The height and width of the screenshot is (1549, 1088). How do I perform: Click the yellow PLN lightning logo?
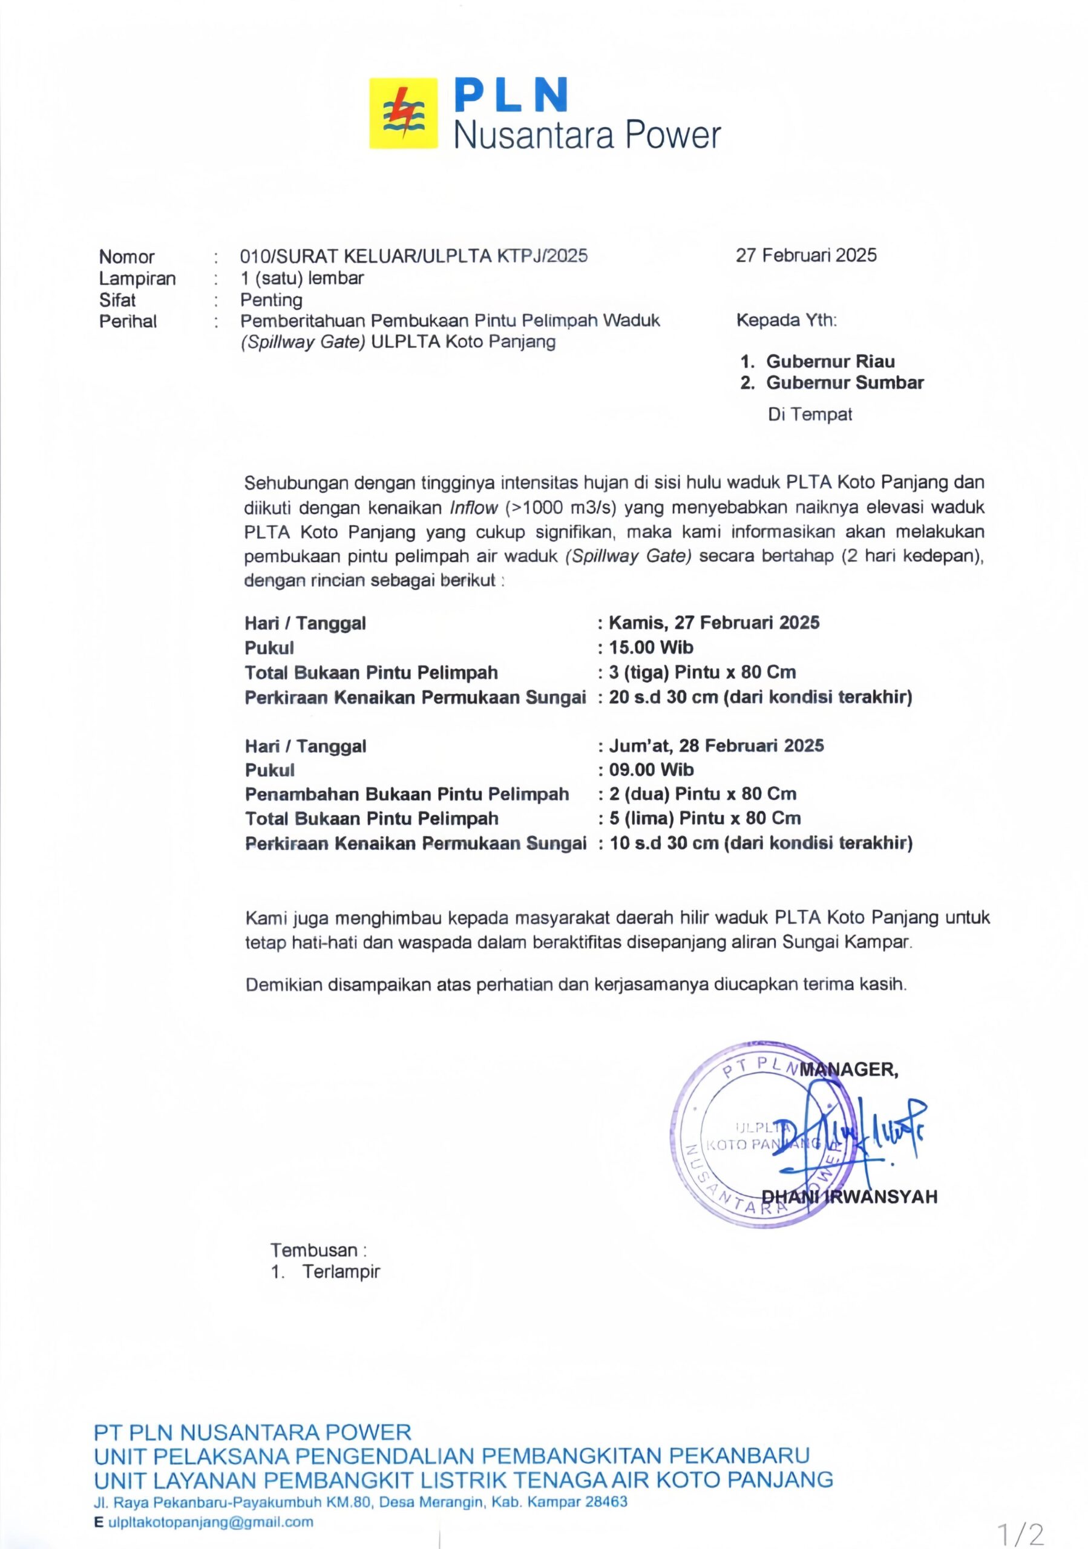click(402, 113)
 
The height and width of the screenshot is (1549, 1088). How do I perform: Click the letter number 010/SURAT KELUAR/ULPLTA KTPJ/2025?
click(413, 256)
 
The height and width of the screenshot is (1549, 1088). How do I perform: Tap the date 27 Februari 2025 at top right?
click(805, 255)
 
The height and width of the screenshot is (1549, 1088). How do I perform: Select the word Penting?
click(271, 300)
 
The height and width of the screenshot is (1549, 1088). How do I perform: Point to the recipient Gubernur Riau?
click(830, 361)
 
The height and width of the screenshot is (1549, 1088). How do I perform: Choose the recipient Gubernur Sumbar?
click(845, 382)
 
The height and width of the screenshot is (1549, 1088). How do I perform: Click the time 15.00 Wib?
click(651, 647)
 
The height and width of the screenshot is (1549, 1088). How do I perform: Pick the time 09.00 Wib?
click(651, 769)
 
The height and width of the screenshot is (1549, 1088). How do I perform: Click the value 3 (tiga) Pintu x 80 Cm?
click(702, 672)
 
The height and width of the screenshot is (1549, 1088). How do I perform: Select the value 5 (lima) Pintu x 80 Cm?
click(705, 817)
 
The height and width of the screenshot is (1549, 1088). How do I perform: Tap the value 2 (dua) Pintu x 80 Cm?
click(702, 793)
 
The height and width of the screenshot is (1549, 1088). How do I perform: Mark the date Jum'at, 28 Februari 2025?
click(716, 745)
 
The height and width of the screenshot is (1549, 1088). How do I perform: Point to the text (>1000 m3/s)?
click(560, 507)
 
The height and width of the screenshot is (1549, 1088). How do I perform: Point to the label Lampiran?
click(137, 278)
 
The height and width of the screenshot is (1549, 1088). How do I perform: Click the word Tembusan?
click(314, 1249)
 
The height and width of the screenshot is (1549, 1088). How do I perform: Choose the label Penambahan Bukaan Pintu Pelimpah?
click(407, 794)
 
